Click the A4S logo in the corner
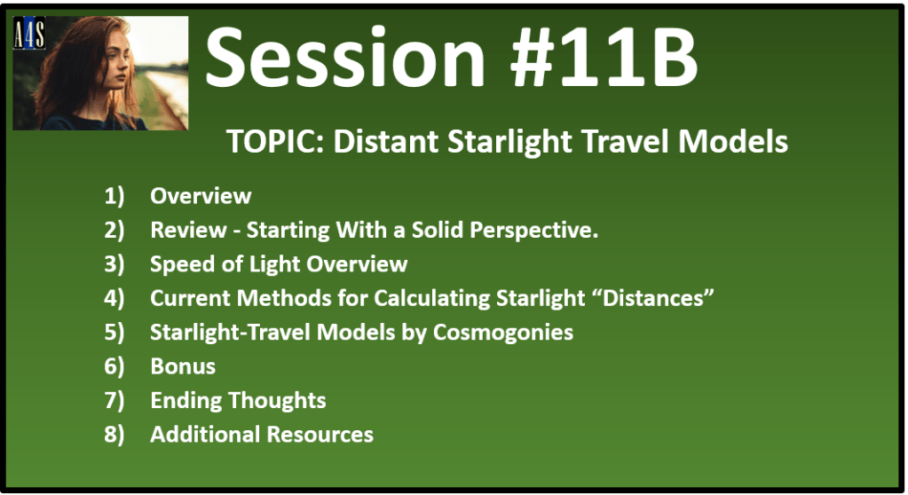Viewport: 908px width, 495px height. point(29,33)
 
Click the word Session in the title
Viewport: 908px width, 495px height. point(345,58)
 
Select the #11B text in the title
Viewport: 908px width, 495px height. point(604,58)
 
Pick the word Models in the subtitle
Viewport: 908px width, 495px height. point(733,141)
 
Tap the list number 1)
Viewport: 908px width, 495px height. point(114,196)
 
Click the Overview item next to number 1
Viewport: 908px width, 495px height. point(201,196)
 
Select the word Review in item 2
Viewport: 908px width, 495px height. point(188,230)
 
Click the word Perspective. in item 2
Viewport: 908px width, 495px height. point(534,231)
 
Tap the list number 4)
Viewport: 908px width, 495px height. point(114,299)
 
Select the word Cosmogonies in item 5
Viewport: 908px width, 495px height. point(503,333)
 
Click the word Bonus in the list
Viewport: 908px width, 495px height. point(183,366)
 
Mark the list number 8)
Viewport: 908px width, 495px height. point(114,435)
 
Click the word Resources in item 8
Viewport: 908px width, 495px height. point(320,435)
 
